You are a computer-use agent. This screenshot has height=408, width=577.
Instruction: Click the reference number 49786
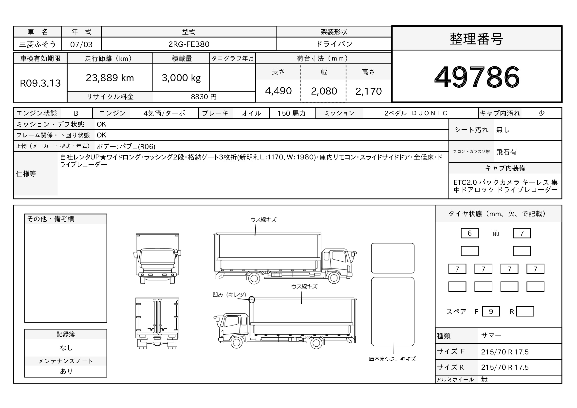click(x=477, y=77)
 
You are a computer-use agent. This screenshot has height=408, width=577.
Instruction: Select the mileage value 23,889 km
click(x=110, y=78)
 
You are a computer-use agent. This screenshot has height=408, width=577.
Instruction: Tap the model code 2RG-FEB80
click(x=189, y=44)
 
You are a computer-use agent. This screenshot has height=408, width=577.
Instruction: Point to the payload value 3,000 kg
click(x=181, y=78)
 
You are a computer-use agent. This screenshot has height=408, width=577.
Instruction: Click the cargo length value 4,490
click(x=278, y=91)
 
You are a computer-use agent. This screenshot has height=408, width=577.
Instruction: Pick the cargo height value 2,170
click(x=368, y=91)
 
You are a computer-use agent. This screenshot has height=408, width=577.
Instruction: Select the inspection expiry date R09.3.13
click(x=40, y=83)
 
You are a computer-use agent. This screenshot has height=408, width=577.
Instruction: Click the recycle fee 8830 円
click(x=204, y=97)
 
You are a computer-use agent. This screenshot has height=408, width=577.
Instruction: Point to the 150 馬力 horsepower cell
click(x=291, y=113)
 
